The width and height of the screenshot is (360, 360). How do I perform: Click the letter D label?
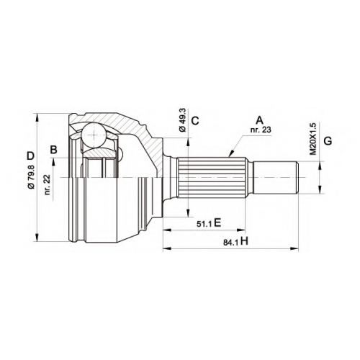pos(30,156)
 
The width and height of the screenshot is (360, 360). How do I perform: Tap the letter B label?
pos(54,150)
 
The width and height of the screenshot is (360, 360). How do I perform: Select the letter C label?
pos(195,120)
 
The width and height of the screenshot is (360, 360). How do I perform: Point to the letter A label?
pos(260,120)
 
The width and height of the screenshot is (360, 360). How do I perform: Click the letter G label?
pos(328,141)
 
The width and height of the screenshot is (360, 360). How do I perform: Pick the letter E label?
pos(217,223)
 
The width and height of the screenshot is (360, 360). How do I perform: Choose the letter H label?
pos(244,241)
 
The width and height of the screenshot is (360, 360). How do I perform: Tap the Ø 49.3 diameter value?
pos(182,120)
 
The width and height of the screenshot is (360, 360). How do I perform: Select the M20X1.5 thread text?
pos(313,139)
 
